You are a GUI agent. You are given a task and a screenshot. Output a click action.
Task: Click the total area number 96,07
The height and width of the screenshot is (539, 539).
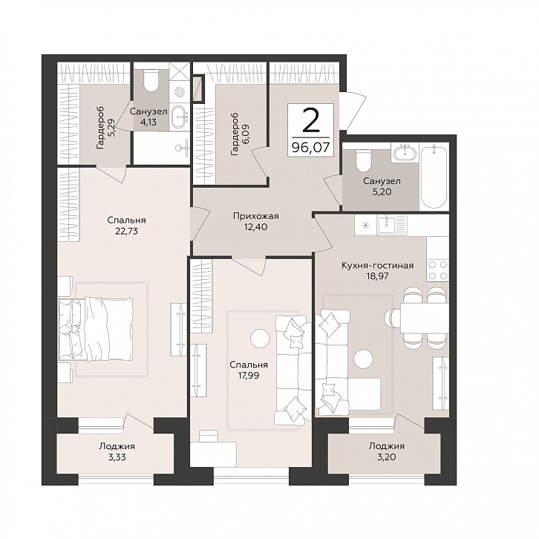pyautogui.click(x=310, y=148)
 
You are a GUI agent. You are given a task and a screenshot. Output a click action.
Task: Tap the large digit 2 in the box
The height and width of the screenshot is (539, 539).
pyautogui.click(x=311, y=120)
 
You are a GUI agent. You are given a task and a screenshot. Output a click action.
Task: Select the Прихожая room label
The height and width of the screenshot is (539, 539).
pyautogui.click(x=255, y=216)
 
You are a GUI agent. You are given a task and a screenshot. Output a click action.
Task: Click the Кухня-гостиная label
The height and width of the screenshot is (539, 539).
pyautogui.click(x=377, y=265)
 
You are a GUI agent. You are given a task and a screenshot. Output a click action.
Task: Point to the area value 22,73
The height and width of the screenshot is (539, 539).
pyautogui.click(x=126, y=231)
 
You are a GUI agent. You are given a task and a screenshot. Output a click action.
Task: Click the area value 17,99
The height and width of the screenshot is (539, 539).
pyautogui.click(x=249, y=376)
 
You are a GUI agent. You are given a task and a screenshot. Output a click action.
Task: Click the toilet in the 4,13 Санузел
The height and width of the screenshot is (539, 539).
pyautogui.click(x=151, y=80)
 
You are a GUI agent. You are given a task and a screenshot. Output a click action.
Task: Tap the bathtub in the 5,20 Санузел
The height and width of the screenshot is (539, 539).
pyautogui.click(x=434, y=177)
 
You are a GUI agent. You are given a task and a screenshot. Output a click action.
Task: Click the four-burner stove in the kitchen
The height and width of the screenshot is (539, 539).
pyautogui.click(x=437, y=269)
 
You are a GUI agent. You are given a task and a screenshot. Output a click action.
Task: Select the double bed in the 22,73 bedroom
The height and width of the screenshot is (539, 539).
pyautogui.click(x=97, y=330)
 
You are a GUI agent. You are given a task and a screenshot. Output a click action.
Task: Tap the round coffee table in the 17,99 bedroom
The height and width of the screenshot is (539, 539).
pyautogui.click(x=261, y=339)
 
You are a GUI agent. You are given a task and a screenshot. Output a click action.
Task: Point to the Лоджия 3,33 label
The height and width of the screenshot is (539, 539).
pyautogui.click(x=117, y=451)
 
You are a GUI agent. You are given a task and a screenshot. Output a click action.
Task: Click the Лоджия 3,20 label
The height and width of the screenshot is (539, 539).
pyautogui.click(x=386, y=451)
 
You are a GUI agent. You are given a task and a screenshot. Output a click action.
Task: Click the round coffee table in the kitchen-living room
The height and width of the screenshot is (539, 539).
pyautogui.click(x=363, y=359)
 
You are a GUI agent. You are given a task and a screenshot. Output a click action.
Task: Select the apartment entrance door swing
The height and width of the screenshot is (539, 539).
pyautogui.click(x=353, y=111)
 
